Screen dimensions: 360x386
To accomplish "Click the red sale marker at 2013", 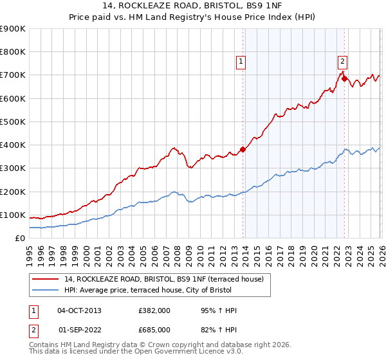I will tap(243, 149).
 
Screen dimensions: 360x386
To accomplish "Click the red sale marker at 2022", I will tap(344, 79).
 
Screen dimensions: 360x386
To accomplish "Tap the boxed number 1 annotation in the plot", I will tap(241, 62).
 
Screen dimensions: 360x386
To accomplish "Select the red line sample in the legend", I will tap(46, 279).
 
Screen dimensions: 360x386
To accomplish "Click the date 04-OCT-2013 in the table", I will tap(79, 310).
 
